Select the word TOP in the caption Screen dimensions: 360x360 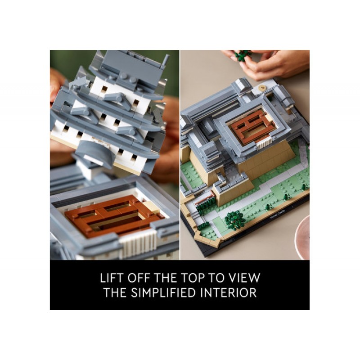click(x=192, y=278)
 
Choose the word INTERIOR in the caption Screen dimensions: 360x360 click(x=228, y=293)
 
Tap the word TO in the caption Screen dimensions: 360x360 click(x=216, y=278)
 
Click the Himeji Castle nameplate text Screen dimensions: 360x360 click(x=277, y=213)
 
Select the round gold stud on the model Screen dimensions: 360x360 click(x=261, y=87)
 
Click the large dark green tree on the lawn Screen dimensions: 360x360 click(x=234, y=220)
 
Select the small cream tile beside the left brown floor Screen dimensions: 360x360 click(x=150, y=207)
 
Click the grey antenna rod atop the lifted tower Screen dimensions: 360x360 click(x=166, y=61)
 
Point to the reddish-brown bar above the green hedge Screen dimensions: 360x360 click(x=205, y=198)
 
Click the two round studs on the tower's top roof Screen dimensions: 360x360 click(x=128, y=77)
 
